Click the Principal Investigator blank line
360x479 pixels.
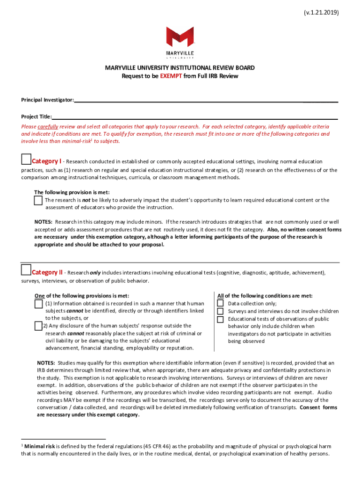[206, 101]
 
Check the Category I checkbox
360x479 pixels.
[26, 160]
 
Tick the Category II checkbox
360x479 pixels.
[26, 270]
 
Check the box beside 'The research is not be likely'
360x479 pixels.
[38, 200]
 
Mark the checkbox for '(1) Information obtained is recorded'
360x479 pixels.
[38, 304]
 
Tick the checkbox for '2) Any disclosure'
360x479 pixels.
[38, 326]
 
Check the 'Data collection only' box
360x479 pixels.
[220, 303]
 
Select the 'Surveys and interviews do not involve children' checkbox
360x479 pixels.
[220, 311]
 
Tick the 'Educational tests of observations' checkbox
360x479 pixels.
[220, 319]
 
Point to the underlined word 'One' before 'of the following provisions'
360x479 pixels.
[40, 296]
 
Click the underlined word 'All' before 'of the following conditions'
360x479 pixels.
[221, 296]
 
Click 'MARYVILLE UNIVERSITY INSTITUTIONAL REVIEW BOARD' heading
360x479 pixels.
[180, 68]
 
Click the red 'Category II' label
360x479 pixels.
[47, 272]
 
